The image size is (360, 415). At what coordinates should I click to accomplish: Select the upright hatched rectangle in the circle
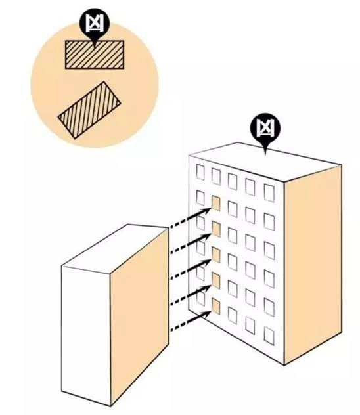pyautogui.click(x=95, y=55)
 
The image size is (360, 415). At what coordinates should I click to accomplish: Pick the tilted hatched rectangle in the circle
pyautogui.click(x=89, y=110)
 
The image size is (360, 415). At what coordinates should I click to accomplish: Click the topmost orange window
pyautogui.click(x=216, y=204)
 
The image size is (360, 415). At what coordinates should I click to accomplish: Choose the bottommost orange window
pyautogui.click(x=216, y=307)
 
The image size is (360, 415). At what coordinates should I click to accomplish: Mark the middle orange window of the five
pyautogui.click(x=216, y=255)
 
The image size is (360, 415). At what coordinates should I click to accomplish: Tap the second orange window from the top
pyautogui.click(x=216, y=229)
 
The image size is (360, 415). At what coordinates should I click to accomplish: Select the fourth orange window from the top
pyautogui.click(x=216, y=281)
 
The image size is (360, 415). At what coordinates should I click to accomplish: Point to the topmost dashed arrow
pyautogui.click(x=190, y=218)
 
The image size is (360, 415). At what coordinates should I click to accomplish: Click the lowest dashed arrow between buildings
pyautogui.click(x=190, y=321)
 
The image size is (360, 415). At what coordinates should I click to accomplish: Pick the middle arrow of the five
pyautogui.click(x=190, y=269)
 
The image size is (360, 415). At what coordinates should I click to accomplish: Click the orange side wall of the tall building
pyautogui.click(x=313, y=265)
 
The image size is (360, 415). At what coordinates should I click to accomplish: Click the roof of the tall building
pyautogui.click(x=265, y=162)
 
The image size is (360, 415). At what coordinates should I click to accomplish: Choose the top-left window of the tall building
pyautogui.click(x=200, y=172)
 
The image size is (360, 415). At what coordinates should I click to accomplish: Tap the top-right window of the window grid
pyautogui.click(x=269, y=192)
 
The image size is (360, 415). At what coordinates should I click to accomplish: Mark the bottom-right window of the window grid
pyautogui.click(x=269, y=336)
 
